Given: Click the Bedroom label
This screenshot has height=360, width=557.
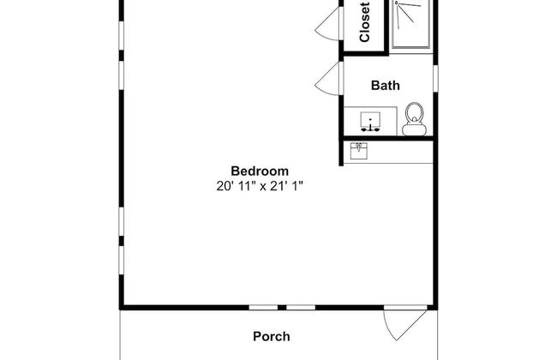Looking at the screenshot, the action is (260, 171).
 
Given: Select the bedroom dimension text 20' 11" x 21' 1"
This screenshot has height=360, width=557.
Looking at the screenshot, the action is (260, 186).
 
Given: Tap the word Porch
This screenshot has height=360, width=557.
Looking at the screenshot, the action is (272, 337).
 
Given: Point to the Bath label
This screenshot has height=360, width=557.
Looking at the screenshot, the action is (386, 86).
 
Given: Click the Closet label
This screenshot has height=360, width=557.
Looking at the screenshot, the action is (365, 22).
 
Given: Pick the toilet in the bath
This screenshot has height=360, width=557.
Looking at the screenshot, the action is (414, 119).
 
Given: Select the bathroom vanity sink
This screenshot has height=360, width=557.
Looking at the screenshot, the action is (370, 121).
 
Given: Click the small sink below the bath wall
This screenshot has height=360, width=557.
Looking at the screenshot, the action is (359, 151).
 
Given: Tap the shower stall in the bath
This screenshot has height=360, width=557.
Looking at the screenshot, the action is (411, 23).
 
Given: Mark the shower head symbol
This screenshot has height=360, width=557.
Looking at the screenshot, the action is (397, 3).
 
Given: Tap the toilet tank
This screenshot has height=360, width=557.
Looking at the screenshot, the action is (414, 129).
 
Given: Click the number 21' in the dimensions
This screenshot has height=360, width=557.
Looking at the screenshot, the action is (278, 185).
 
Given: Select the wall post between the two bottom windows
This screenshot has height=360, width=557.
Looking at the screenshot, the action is (282, 308).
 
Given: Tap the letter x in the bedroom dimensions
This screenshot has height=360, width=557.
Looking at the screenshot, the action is (262, 187).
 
